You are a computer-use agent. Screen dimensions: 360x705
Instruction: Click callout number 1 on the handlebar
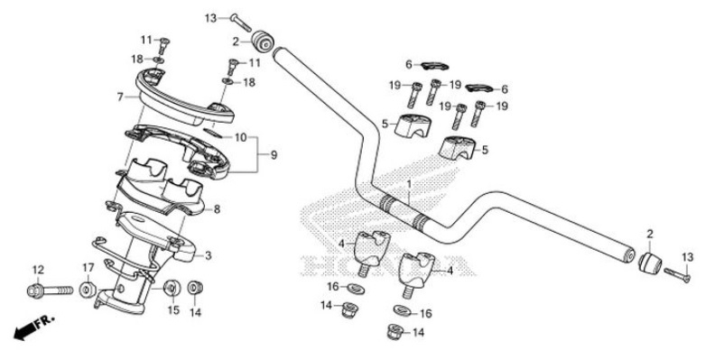[x=408, y=184]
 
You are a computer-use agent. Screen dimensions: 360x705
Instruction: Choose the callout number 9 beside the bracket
[x=274, y=155]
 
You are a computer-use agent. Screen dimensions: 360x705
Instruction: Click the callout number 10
[x=240, y=137]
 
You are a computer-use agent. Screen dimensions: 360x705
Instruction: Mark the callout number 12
[x=37, y=270]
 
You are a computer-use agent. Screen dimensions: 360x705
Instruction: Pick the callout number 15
[x=173, y=311]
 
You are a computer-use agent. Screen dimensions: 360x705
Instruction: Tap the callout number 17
[x=88, y=267]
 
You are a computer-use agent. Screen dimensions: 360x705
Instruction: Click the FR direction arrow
[x=30, y=329]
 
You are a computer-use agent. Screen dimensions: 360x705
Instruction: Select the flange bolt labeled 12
[x=50, y=291]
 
